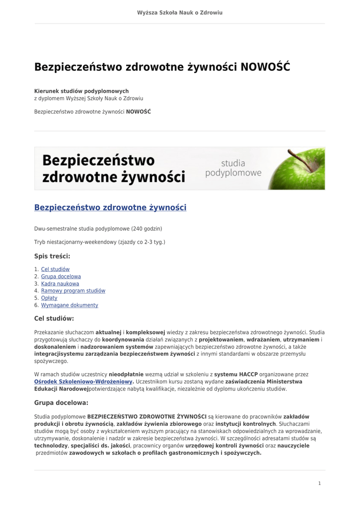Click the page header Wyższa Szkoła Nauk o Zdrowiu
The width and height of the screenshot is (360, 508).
(180, 12)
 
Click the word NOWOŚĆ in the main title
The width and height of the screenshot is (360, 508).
(265, 67)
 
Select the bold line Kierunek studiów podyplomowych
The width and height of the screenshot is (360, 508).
(81, 91)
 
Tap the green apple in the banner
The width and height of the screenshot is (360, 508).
(298, 169)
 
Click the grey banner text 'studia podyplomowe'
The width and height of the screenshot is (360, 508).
(233, 168)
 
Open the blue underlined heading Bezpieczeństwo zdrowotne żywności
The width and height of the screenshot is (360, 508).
(110, 207)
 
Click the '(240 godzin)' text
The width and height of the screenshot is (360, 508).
(146, 229)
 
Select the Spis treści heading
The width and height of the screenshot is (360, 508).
(52, 256)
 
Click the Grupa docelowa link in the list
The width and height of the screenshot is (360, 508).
(61, 276)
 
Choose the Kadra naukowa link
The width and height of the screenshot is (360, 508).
(60, 284)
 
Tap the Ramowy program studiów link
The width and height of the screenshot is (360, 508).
(73, 291)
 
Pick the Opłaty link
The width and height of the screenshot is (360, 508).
(49, 298)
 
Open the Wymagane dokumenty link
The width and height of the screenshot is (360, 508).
(70, 305)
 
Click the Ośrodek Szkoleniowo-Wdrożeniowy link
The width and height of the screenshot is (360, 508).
(83, 381)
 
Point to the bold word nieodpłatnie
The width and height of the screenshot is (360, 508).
(126, 374)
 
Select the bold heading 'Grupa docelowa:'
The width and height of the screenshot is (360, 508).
(61, 402)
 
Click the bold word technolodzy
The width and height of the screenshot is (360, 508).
(51, 445)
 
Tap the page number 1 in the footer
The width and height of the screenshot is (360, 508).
(319, 483)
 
